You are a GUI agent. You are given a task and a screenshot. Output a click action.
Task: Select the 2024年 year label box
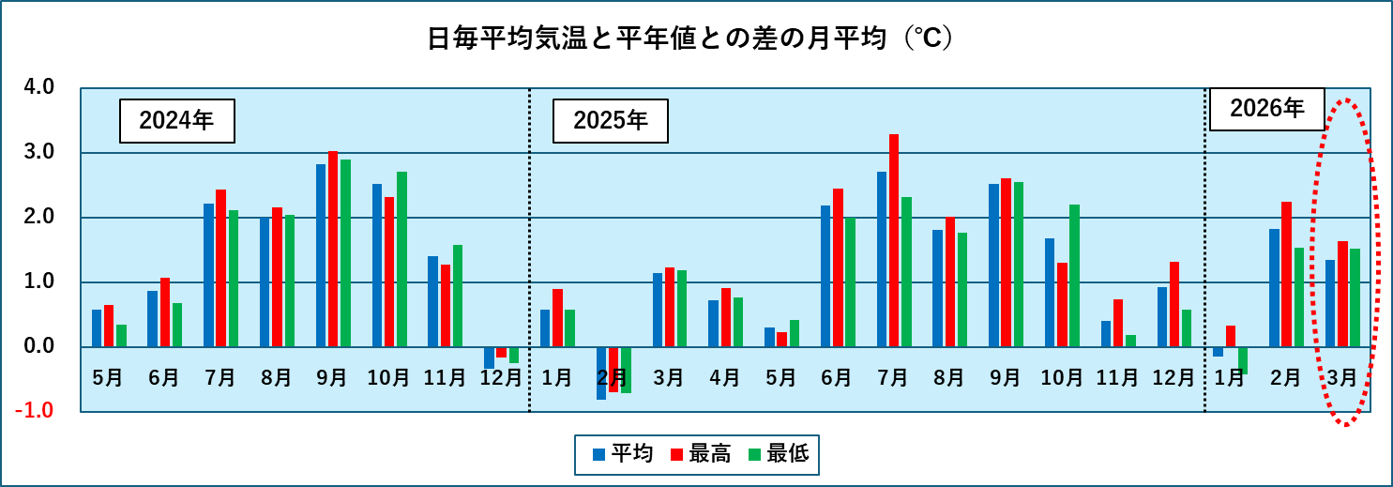(176, 120)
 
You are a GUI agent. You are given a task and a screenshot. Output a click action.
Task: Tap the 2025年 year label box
(610, 120)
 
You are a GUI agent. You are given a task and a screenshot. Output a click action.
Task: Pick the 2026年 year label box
(1266, 109)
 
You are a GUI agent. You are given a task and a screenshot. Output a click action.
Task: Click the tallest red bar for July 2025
(894, 240)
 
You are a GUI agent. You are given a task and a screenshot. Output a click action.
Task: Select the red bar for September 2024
(333, 249)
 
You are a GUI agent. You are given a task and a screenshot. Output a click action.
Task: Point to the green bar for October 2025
(1074, 276)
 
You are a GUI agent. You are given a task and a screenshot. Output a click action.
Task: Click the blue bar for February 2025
(601, 373)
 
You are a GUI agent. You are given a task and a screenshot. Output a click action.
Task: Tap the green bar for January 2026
(1242, 360)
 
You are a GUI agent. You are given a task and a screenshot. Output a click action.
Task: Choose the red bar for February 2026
(1286, 274)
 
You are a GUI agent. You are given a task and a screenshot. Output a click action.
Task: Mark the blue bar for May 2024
(97, 327)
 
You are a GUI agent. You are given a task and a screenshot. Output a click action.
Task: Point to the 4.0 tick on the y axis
(42, 87)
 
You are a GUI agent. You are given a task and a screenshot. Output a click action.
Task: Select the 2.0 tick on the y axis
(42, 217)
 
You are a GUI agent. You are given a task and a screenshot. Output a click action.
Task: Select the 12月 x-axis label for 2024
(501, 378)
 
